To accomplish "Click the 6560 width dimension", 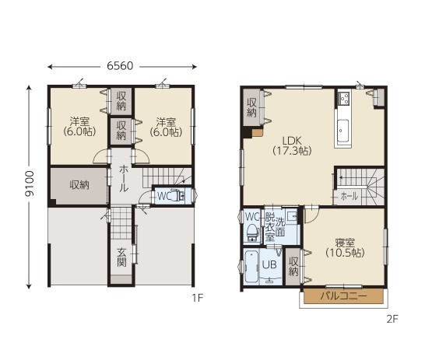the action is tap(120, 66).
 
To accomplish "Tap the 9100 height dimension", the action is tap(30, 183).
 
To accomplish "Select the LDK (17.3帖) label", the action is tap(292, 145).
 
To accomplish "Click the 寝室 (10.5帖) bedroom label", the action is tap(345, 247).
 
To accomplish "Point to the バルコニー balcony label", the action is tap(343, 295).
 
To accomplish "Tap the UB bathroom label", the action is tap(269, 264).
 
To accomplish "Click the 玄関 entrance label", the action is tap(121, 257).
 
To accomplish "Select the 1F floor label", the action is tap(198, 298).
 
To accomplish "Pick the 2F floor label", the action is tap(392, 320).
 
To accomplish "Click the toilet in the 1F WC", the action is tap(177, 195).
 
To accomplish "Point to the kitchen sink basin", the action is tap(342, 131).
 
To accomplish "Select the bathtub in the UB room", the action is tap(252, 267).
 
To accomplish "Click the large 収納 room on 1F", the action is tap(79, 186).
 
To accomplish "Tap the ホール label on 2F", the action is tap(349, 196).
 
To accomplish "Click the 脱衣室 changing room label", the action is tap(270, 227).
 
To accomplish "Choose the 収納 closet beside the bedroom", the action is tap(293, 267).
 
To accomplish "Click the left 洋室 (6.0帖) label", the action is tap(79, 127).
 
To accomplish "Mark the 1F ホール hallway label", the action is tap(124, 178).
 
